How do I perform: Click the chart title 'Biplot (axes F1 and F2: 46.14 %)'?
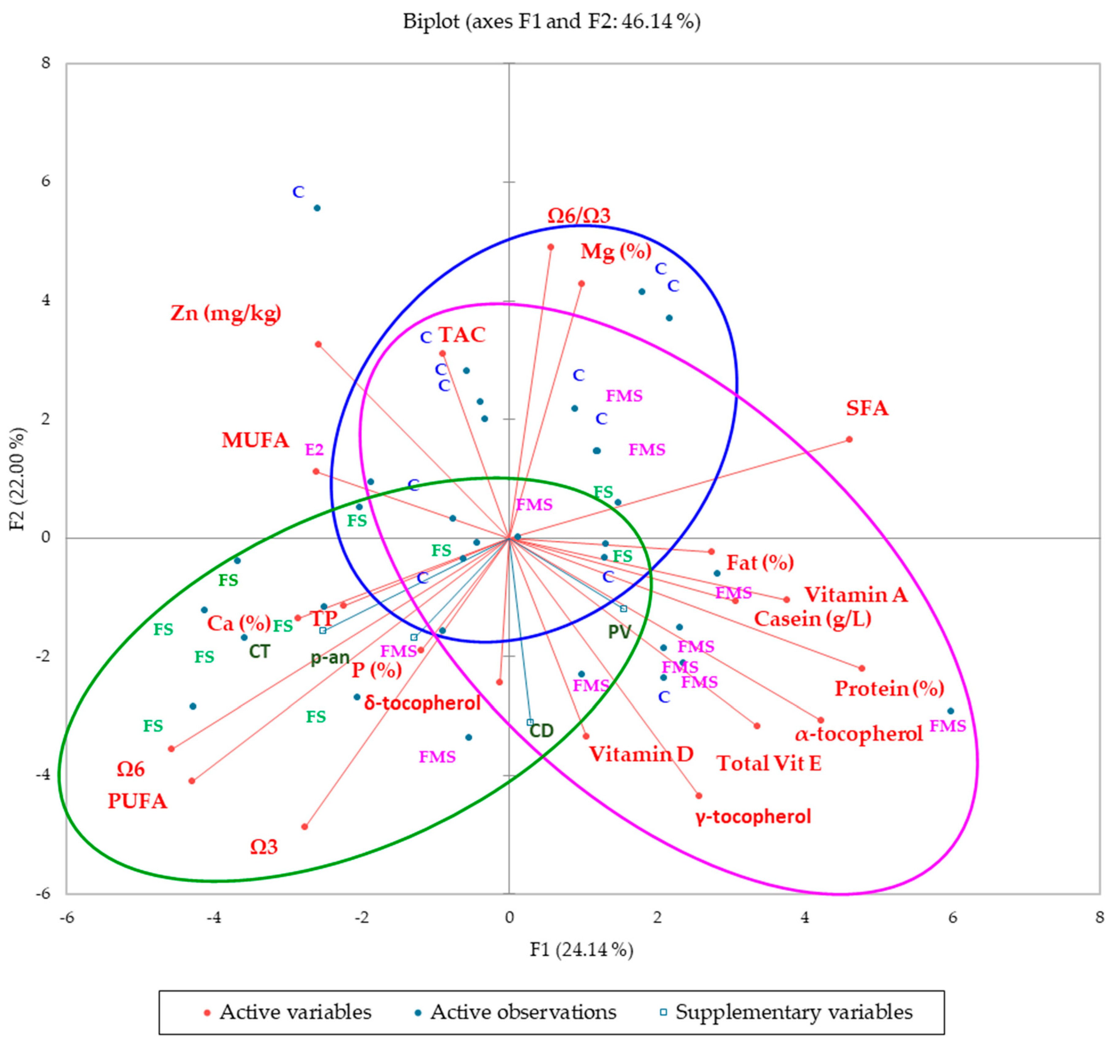551,22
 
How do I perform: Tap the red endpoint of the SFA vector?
849,440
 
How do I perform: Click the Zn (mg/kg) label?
226,313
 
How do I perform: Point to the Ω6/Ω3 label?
578,216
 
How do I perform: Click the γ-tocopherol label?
753,817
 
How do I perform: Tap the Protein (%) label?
889,688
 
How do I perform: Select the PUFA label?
137,801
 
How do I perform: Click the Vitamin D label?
641,755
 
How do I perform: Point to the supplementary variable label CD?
541,730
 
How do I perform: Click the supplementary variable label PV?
619,632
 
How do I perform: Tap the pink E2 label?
314,450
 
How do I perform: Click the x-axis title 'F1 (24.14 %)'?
581,951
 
